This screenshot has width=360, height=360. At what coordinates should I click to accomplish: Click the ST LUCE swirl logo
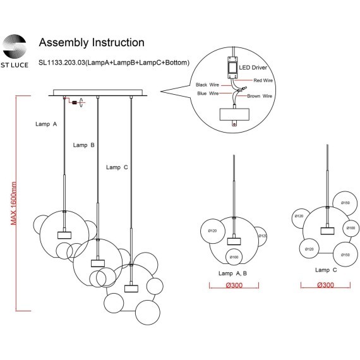point(15,46)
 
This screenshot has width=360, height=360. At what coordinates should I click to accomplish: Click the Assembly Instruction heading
point(92,42)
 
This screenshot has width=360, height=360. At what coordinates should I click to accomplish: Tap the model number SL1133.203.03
point(62,63)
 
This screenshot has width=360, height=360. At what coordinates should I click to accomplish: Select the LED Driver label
point(253,68)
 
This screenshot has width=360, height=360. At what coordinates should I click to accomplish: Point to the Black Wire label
point(207,85)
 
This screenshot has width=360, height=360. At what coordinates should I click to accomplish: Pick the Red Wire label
point(263,80)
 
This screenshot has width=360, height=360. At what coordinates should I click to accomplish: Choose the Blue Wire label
point(208,93)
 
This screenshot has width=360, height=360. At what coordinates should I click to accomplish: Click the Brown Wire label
point(260,96)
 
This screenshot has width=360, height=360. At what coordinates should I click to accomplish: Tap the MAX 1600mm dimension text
point(13,203)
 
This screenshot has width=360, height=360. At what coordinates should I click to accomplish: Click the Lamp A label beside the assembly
point(46,124)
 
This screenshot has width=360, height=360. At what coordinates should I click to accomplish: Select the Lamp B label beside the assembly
point(84,145)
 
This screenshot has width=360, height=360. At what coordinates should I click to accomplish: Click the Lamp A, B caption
point(232,273)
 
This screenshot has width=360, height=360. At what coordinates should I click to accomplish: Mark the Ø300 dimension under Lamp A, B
point(234,285)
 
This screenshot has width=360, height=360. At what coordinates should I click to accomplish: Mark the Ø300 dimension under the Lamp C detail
point(325,285)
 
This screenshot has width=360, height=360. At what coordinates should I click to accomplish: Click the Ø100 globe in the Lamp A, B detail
point(234,257)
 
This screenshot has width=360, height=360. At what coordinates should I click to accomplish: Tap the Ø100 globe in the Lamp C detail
point(351,228)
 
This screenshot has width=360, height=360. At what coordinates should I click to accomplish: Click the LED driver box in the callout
point(232,68)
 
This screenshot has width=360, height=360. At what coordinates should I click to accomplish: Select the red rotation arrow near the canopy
point(81,102)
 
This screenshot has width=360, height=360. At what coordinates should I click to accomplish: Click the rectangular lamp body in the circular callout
point(234,114)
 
